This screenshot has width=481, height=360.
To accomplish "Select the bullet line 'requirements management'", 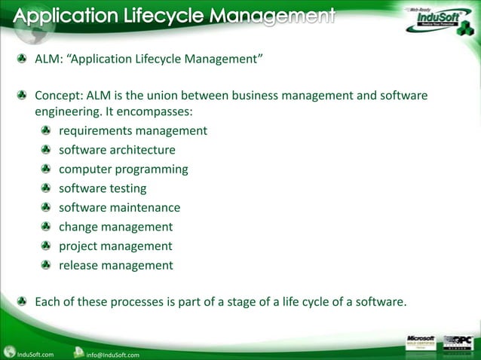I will click(133, 131).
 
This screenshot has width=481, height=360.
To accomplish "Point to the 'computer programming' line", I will click(124, 169).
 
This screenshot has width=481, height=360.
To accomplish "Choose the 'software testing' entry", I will click(103, 188).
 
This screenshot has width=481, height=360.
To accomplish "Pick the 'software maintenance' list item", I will click(119, 208).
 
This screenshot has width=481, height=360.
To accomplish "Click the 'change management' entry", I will click(115, 227).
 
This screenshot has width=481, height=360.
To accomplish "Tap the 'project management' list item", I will click(115, 246).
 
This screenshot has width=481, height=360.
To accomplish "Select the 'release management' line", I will click(115, 265).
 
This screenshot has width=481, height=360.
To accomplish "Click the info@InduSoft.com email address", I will click(112, 355).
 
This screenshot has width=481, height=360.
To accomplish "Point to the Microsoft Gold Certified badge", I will click(421, 343).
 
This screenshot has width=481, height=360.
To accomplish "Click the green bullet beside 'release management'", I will click(46, 265).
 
